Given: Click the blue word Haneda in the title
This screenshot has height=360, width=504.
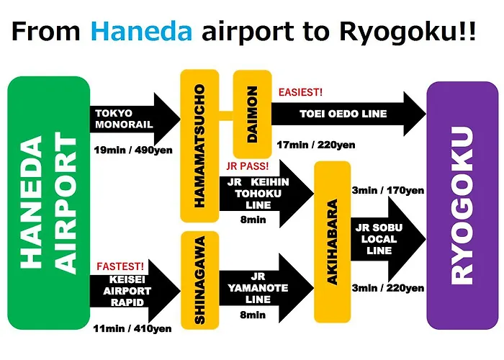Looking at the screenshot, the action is tap(141, 32).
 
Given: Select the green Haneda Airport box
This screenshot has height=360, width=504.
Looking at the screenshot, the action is tap(48, 203).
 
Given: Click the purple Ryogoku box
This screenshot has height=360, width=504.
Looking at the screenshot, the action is tap(462, 205).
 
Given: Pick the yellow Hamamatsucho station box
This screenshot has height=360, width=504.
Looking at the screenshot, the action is tap(199, 145).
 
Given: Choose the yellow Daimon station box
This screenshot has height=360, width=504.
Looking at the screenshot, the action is tap(252, 114).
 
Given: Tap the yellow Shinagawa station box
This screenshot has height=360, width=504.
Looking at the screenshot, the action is tap(200, 280).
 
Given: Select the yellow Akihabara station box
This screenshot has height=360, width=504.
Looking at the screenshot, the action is tap(333, 242).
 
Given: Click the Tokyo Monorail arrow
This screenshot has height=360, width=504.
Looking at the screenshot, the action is tap(135, 119).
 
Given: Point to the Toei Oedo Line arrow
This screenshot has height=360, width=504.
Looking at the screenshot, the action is tap(349, 114).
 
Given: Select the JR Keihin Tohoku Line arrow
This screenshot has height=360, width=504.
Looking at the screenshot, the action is tap(266, 194).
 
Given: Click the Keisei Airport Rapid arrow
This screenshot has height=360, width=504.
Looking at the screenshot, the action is tap(135, 291).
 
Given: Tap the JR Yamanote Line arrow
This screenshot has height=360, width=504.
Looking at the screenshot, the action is tap(266, 288).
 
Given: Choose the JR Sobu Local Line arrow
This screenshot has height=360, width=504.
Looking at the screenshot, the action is tap(388, 239).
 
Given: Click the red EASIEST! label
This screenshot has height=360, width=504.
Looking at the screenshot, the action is tap(300, 93).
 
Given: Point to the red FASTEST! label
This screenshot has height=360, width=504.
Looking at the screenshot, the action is tap(120, 266).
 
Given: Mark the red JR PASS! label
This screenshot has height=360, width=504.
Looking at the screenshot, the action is tap(247, 166).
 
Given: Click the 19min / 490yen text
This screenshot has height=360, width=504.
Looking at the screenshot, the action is tap(133, 150).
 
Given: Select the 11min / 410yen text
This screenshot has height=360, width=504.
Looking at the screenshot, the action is tap(132, 328).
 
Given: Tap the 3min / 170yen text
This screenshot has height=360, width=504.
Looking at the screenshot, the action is tap(388, 190).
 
